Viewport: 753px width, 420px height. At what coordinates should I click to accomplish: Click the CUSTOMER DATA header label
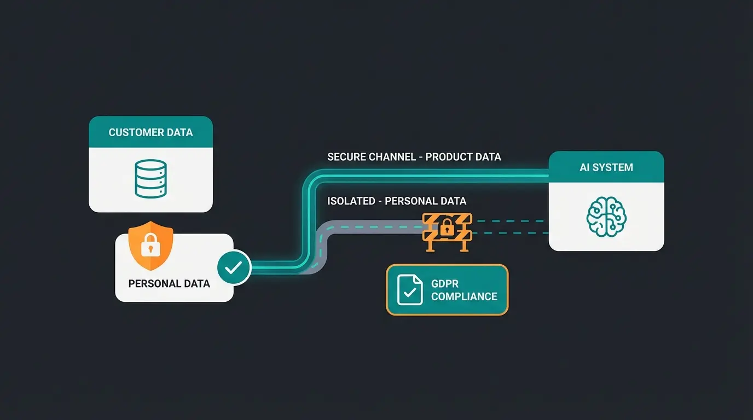click(x=150, y=132)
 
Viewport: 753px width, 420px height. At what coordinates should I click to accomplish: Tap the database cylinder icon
click(x=150, y=178)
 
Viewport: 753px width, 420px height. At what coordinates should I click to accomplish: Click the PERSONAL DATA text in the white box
click(x=169, y=283)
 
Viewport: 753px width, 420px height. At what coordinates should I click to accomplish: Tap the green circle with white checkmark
click(x=234, y=267)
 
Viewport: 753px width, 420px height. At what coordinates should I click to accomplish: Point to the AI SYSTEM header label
click(x=606, y=167)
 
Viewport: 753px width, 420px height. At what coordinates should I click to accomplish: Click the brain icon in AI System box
click(x=606, y=217)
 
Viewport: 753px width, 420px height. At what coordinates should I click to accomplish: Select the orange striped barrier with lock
click(x=447, y=231)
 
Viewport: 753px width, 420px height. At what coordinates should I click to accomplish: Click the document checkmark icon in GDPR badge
click(x=410, y=290)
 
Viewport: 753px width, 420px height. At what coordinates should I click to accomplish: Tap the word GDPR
click(x=445, y=284)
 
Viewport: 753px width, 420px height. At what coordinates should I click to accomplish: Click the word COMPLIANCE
click(x=464, y=296)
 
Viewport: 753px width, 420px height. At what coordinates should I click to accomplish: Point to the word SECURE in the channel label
click(x=346, y=157)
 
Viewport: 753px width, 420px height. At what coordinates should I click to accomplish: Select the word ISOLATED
click(x=350, y=201)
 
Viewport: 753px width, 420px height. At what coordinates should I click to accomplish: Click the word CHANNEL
click(x=392, y=157)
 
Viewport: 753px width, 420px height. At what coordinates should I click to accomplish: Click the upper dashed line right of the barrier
click(x=509, y=221)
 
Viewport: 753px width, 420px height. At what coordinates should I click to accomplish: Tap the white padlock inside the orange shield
click(x=150, y=248)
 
